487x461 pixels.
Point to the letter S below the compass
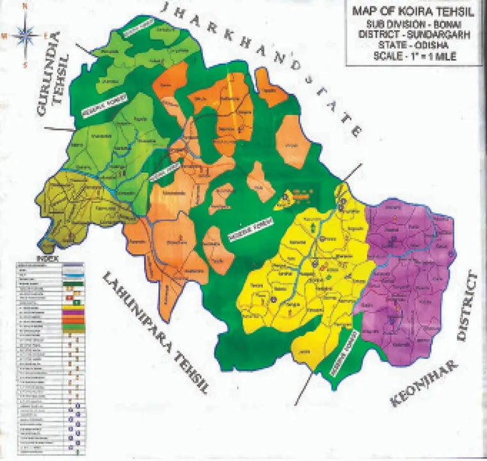(x=25, y=64)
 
